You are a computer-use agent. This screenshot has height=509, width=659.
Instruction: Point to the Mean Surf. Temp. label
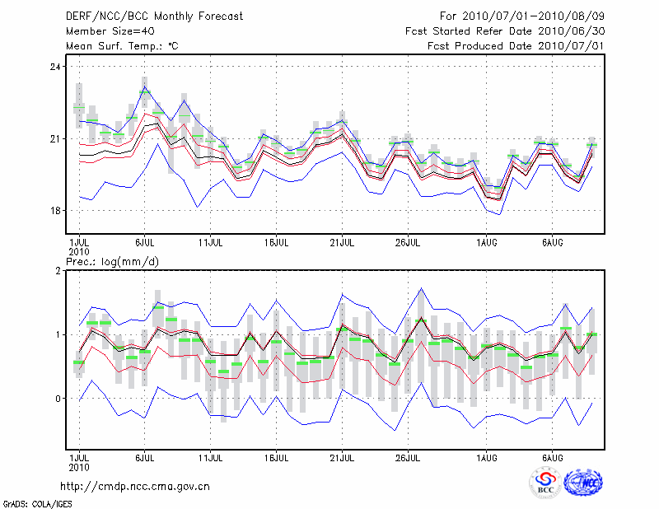click(x=122, y=45)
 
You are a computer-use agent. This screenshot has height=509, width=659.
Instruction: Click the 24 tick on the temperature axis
click(x=56, y=67)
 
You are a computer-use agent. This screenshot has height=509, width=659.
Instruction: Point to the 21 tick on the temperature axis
click(x=56, y=138)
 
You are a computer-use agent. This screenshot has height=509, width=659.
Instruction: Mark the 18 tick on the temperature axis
click(x=56, y=211)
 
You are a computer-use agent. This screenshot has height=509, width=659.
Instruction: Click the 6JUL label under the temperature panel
click(x=145, y=244)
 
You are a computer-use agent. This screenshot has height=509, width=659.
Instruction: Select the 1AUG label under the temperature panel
click(x=487, y=244)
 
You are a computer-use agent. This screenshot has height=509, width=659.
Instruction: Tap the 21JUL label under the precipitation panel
click(x=342, y=456)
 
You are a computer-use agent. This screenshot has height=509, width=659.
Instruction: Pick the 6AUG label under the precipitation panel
click(x=552, y=456)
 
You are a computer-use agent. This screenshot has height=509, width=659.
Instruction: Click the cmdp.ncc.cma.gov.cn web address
click(x=136, y=486)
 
